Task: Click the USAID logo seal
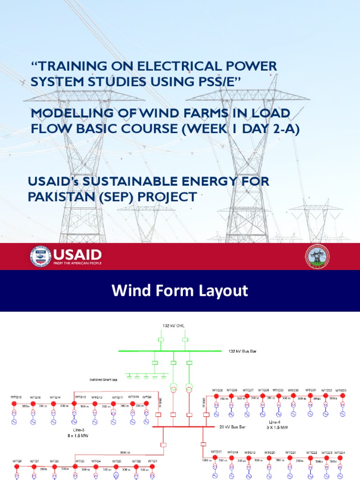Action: tap(41, 256)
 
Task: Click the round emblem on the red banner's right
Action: tap(317, 257)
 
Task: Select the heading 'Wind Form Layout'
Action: tap(180, 291)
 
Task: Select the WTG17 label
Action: tap(216, 451)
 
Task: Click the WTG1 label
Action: tap(153, 462)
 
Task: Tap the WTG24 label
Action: tap(340, 452)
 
